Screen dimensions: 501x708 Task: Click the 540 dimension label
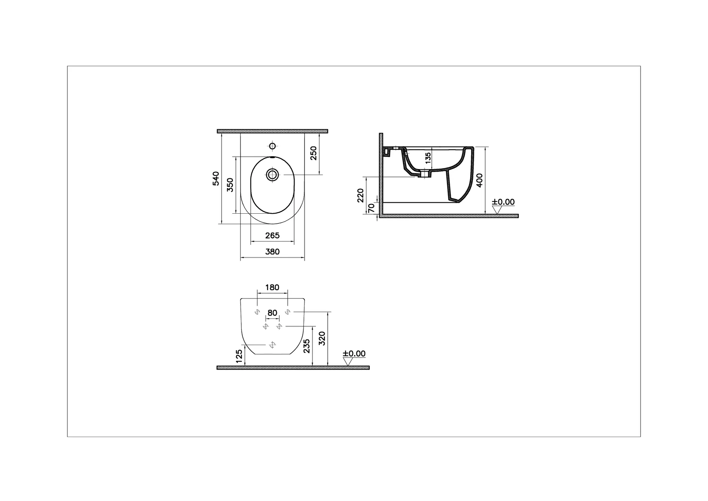216,178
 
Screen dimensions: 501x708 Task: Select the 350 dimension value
230,185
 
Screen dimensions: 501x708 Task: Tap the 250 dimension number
314,153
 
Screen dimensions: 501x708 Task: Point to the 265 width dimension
272,235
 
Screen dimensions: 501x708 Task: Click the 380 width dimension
272,252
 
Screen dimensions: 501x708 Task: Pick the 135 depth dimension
428,158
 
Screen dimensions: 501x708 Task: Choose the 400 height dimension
479,180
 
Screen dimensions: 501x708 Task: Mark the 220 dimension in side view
361,195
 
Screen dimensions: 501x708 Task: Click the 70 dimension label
372,208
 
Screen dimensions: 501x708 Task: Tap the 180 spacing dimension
272,287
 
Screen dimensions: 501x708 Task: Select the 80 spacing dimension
272,313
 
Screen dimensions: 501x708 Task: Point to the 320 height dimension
322,338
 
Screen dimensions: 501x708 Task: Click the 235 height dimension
307,346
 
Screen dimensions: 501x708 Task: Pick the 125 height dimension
239,356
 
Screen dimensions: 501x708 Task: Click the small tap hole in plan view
272,146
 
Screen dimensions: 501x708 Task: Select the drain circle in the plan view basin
272,175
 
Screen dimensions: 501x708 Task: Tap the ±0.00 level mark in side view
503,202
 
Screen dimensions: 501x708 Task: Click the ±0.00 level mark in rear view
354,354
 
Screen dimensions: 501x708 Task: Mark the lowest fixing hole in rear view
272,345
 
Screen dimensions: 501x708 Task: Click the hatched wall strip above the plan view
272,131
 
